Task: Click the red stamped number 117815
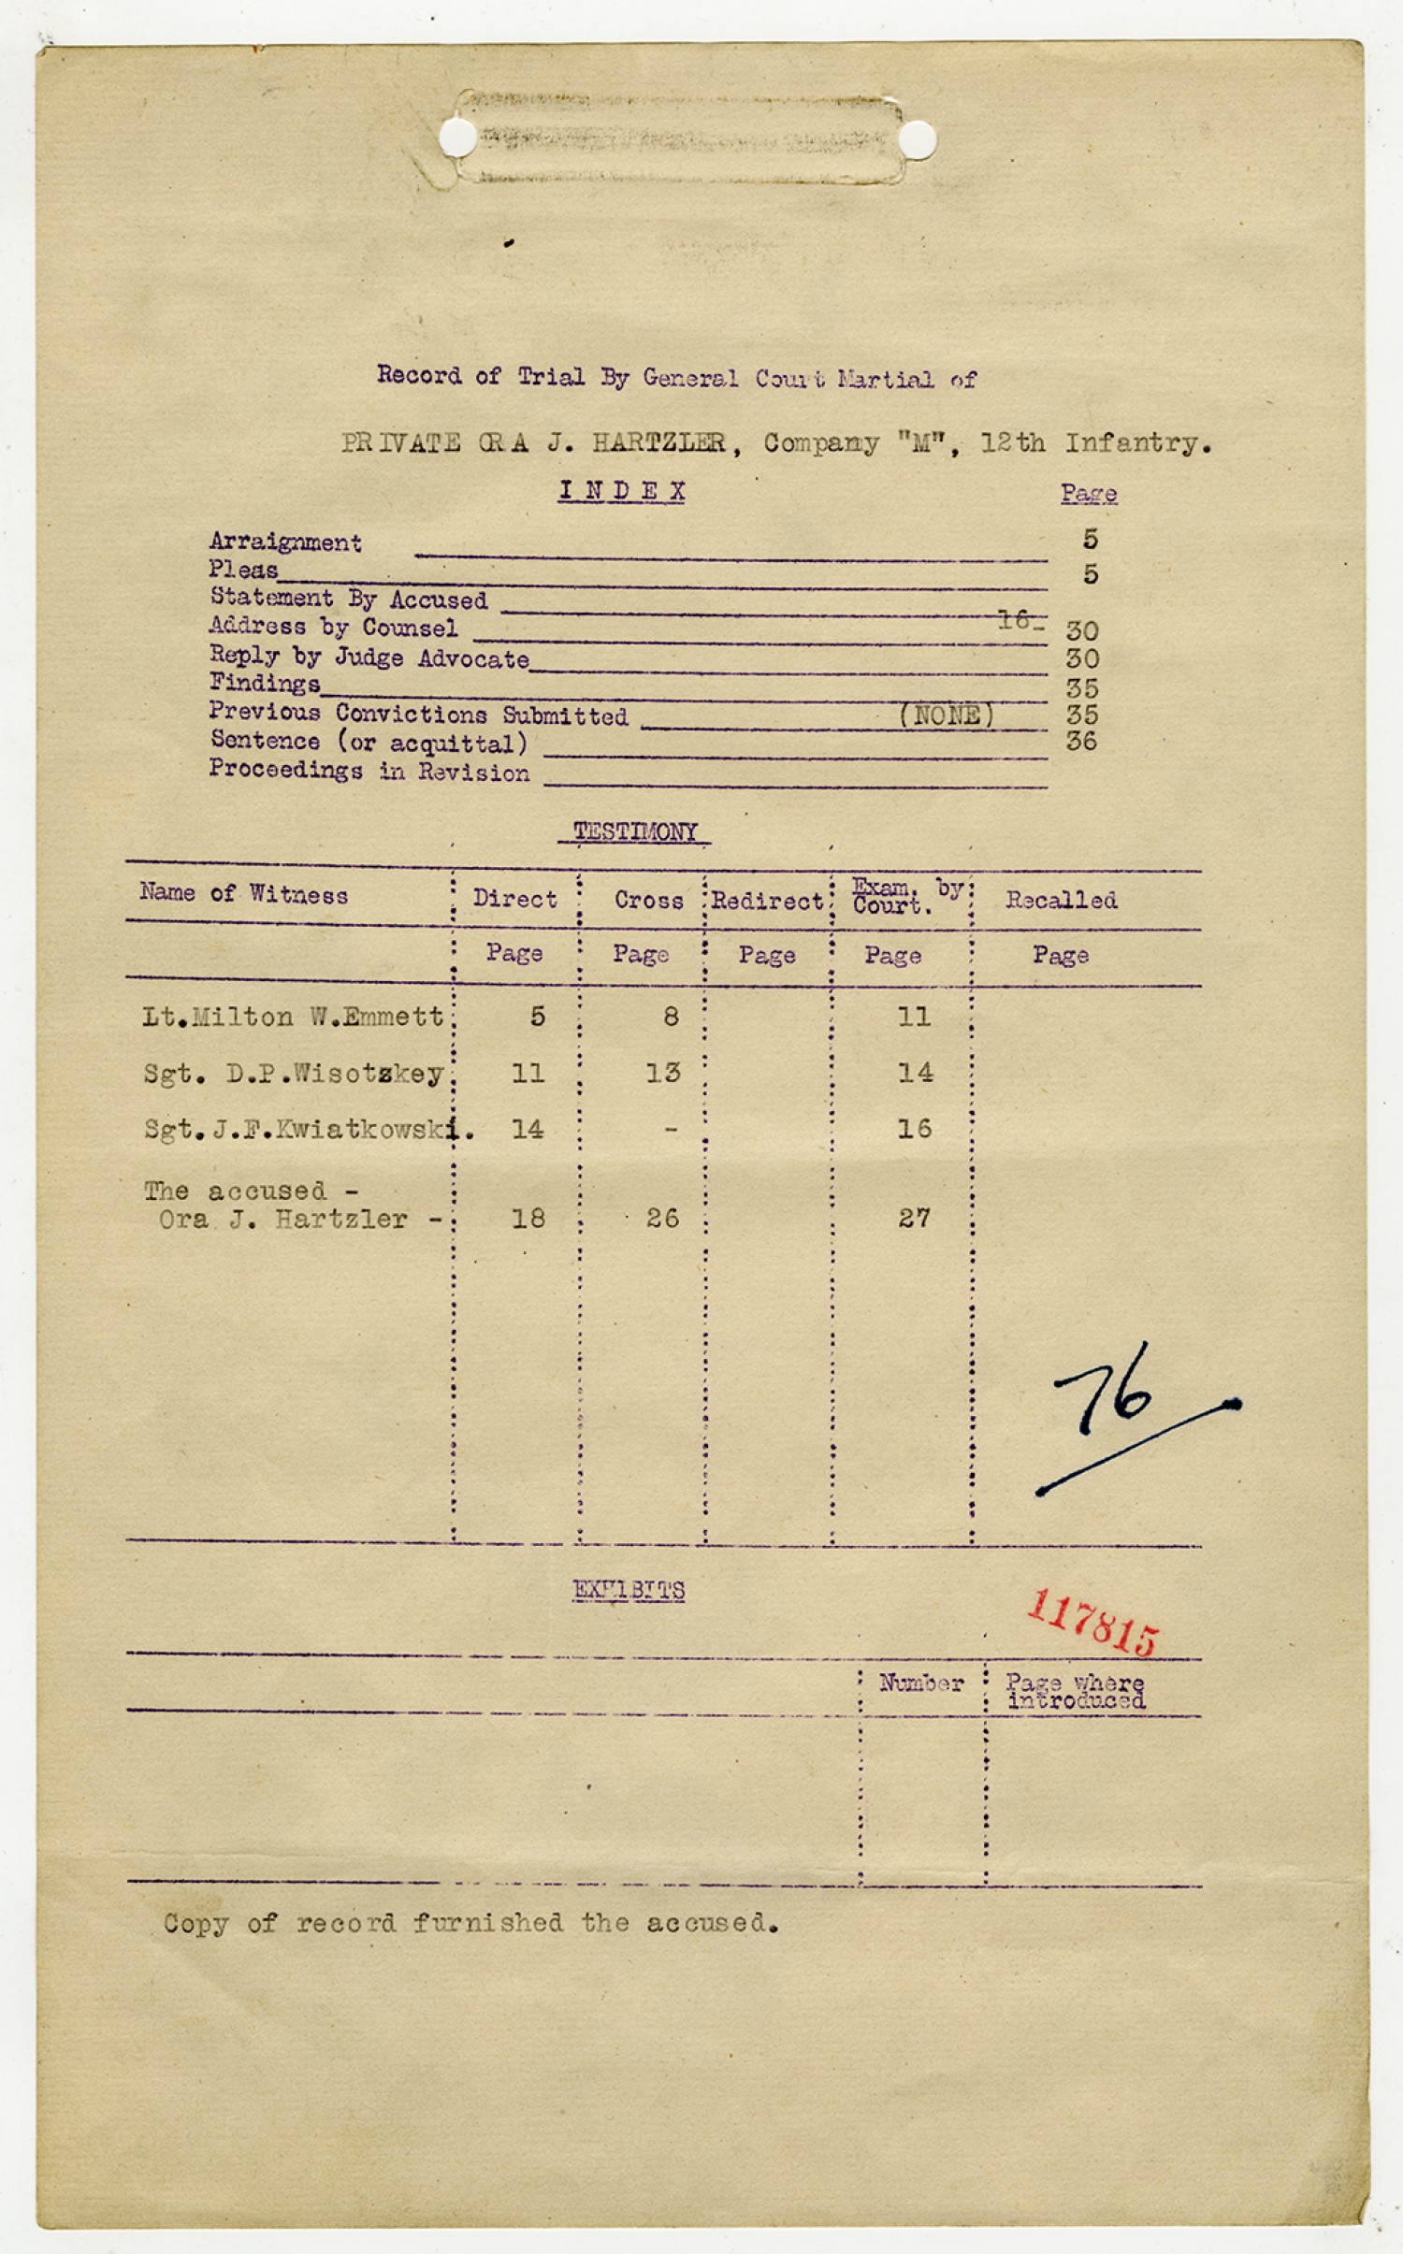tap(1092, 1622)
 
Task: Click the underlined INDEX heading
tap(622, 491)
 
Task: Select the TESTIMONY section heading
tap(634, 831)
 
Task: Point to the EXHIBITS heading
tap(629, 1590)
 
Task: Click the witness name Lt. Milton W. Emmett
tap(293, 1017)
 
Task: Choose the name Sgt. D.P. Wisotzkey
tap(294, 1074)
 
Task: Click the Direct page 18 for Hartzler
tap(528, 1218)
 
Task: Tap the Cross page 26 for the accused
tap(662, 1218)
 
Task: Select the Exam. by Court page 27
tap(914, 1218)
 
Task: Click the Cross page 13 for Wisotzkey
tap(662, 1073)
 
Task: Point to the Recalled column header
tap(1061, 900)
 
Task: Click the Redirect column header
tap(767, 901)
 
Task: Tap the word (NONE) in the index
tap(947, 715)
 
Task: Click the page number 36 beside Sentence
tap(1081, 742)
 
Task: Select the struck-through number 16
tap(1015, 618)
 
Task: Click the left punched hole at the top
tap(458, 137)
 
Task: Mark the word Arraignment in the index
tap(285, 542)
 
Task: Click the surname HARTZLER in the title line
tap(658, 442)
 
